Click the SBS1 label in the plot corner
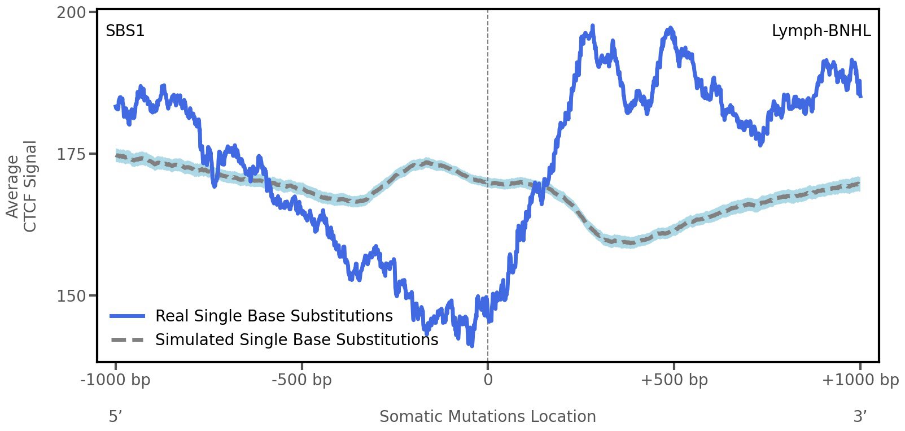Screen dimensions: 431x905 pyautogui.click(x=125, y=31)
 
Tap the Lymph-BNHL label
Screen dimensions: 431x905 pyautogui.click(x=821, y=31)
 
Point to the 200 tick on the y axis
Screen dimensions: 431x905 pyautogui.click(x=71, y=12)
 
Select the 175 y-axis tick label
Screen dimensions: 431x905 pyautogui.click(x=71, y=154)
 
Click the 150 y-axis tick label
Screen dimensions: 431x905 pyautogui.click(x=71, y=296)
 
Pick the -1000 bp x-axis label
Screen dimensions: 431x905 pyautogui.click(x=116, y=380)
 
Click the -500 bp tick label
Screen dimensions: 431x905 pyautogui.click(x=301, y=380)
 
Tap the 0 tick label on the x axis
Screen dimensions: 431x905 pyautogui.click(x=488, y=380)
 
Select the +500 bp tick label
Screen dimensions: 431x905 pyautogui.click(x=674, y=380)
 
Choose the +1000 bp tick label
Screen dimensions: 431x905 pyautogui.click(x=860, y=380)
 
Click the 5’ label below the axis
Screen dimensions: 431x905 pyautogui.click(x=116, y=417)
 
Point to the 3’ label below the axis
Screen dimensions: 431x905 pyautogui.click(x=860, y=417)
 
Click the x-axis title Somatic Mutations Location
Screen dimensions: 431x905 pyautogui.click(x=488, y=417)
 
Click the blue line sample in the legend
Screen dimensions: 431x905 pyautogui.click(x=128, y=316)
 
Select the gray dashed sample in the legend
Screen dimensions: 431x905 pyautogui.click(x=128, y=340)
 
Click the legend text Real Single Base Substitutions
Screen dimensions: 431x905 pyautogui.click(x=274, y=316)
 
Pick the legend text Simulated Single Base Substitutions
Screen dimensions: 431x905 pyautogui.click(x=296, y=340)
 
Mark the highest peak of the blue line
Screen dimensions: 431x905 pyautogui.click(x=592, y=26)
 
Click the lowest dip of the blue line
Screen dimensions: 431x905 pyautogui.click(x=471, y=345)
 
